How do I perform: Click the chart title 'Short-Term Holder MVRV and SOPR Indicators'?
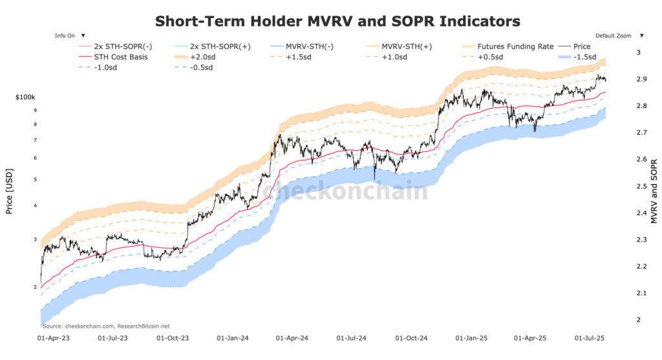coord(337,21)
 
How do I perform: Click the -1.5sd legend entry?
coord(581,57)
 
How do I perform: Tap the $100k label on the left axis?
coord(26,97)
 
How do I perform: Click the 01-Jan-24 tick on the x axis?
coord(230,337)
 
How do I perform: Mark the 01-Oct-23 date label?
coord(171,337)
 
